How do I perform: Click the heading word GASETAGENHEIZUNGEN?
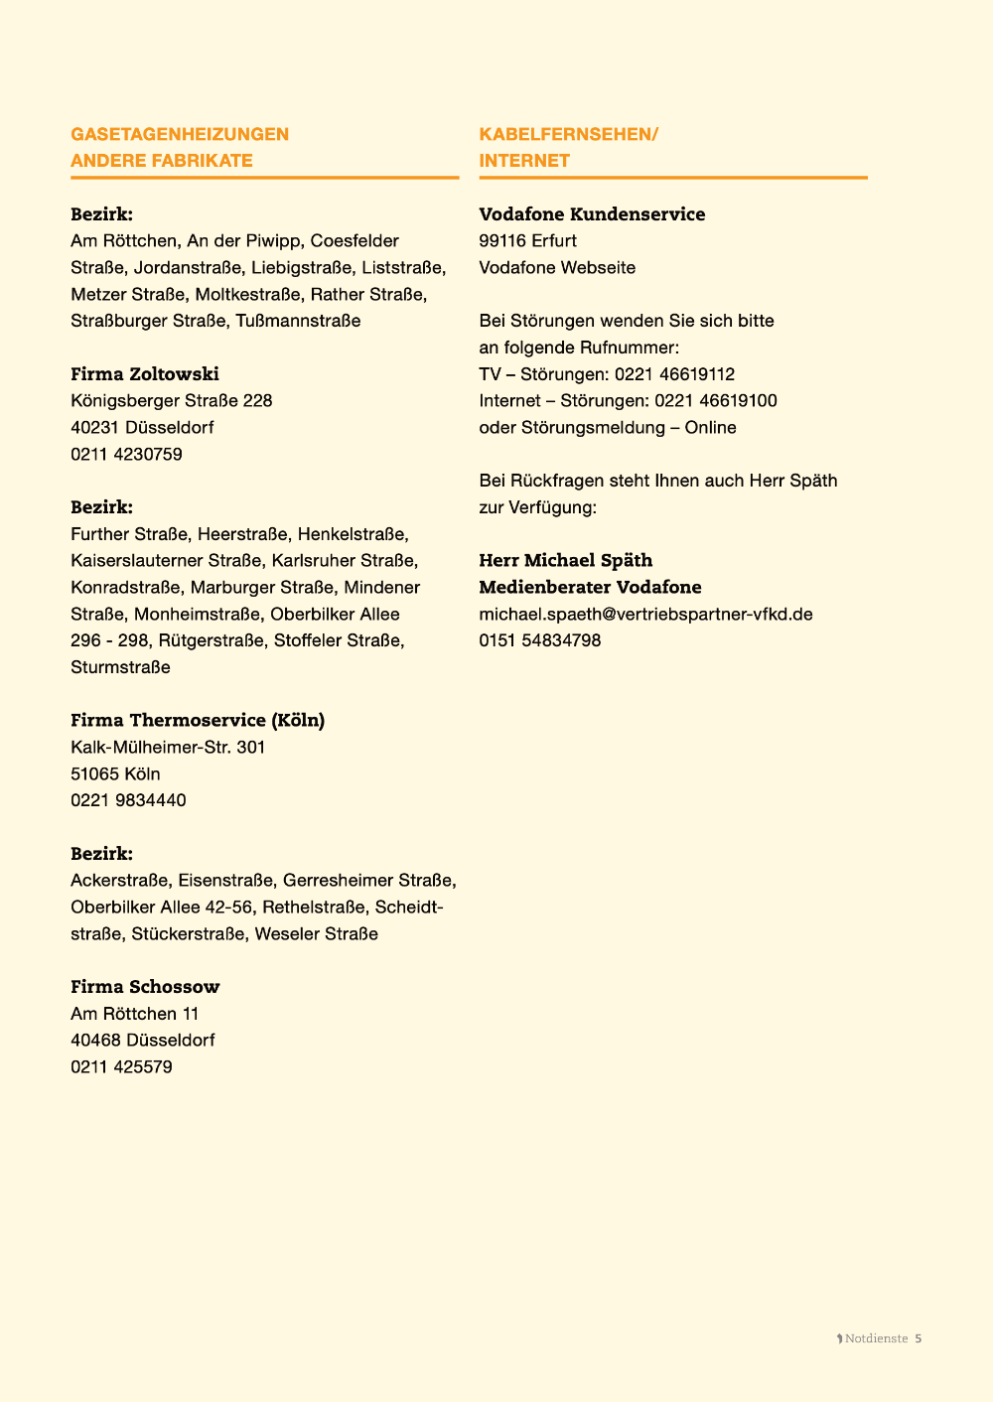180,134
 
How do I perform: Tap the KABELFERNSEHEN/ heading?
568,134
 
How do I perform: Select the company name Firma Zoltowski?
145,374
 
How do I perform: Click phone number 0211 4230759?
126,454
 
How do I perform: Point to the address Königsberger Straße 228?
171,401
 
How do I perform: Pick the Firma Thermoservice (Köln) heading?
198,720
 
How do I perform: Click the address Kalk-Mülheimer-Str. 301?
168,747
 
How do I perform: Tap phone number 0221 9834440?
128,800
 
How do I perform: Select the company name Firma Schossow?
145,987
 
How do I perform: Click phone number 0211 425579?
121,1067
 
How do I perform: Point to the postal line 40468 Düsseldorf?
142,1041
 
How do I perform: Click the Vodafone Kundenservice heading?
592,214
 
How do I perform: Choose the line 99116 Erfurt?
527,241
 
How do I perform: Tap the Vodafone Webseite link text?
557,268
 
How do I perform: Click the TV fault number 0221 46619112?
674,374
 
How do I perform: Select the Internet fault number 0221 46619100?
715,401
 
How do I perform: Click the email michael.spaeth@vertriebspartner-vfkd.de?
645,615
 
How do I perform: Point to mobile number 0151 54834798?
539,640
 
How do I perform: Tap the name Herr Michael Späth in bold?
565,561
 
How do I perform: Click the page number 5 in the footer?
919,1338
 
